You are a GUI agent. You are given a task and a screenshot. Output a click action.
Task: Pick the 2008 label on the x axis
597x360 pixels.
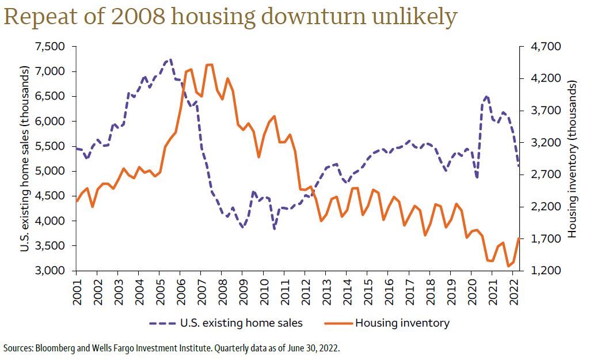[x=222, y=291]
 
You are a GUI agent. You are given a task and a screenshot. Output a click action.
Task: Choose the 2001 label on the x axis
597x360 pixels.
[x=77, y=291]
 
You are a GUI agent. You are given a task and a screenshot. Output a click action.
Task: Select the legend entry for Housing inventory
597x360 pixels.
[x=402, y=323]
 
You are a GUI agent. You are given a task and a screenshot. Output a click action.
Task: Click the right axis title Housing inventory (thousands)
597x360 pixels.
[x=572, y=158]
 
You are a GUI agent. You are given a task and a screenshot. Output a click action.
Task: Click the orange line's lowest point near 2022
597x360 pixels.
[x=508, y=266]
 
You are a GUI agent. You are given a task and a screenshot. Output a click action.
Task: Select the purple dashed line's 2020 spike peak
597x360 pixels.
[x=487, y=97]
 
